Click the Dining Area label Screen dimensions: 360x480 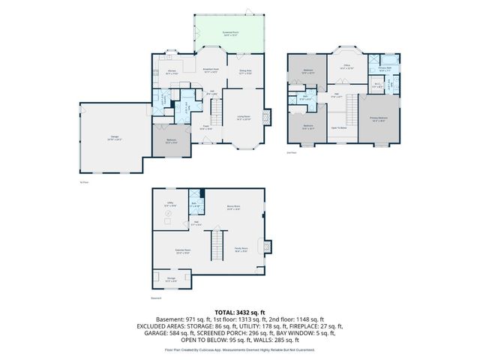tap(244, 72)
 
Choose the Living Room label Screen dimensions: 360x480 tap(244, 117)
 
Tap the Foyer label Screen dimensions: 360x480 tap(205, 127)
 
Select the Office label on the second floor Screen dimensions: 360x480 tap(347, 67)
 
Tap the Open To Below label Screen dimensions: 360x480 tap(339, 128)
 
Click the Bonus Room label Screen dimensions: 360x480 tap(233, 208)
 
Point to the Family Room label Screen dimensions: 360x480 tap(241, 250)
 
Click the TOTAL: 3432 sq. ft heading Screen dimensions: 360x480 tap(240, 310)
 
